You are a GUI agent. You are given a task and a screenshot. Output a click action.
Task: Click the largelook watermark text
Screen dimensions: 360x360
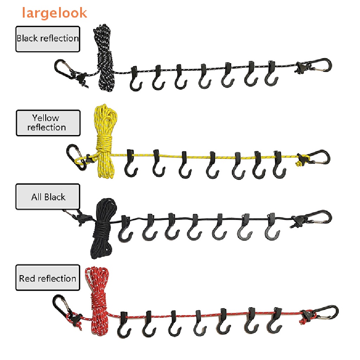click(54, 13)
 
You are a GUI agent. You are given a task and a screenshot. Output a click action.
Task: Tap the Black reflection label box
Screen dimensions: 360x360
click(48, 39)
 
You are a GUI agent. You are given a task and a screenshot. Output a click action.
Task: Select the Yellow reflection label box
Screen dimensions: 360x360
click(48, 123)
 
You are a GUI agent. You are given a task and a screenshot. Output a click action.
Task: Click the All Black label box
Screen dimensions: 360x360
click(48, 197)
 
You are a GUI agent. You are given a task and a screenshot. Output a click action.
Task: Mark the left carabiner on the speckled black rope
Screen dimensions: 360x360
click(65, 69)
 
